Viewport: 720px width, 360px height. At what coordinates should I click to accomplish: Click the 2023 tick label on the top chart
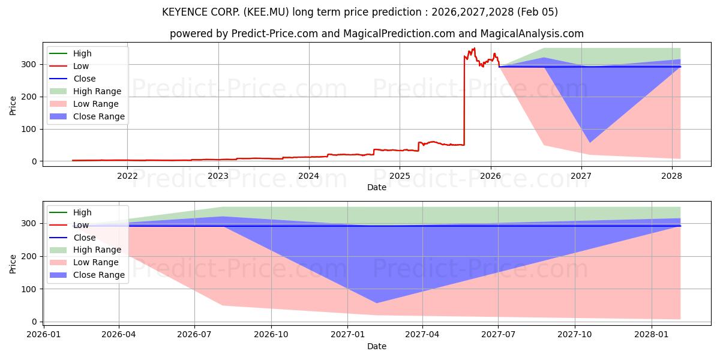(x=218, y=176)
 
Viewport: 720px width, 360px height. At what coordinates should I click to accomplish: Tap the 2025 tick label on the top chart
(x=400, y=176)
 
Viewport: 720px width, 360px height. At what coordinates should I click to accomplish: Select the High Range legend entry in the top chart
(x=97, y=91)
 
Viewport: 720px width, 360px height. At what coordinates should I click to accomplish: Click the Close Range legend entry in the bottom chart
(x=98, y=275)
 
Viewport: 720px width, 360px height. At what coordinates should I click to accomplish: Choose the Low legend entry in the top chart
(x=82, y=66)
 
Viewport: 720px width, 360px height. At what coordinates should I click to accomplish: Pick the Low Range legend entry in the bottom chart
(x=96, y=262)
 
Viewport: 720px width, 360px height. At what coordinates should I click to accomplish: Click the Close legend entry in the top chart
(x=84, y=79)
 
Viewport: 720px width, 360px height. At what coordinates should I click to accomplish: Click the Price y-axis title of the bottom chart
(x=13, y=263)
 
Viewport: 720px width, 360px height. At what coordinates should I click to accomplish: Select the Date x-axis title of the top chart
(x=376, y=187)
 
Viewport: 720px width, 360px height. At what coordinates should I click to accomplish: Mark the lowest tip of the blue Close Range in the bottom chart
(x=377, y=303)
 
